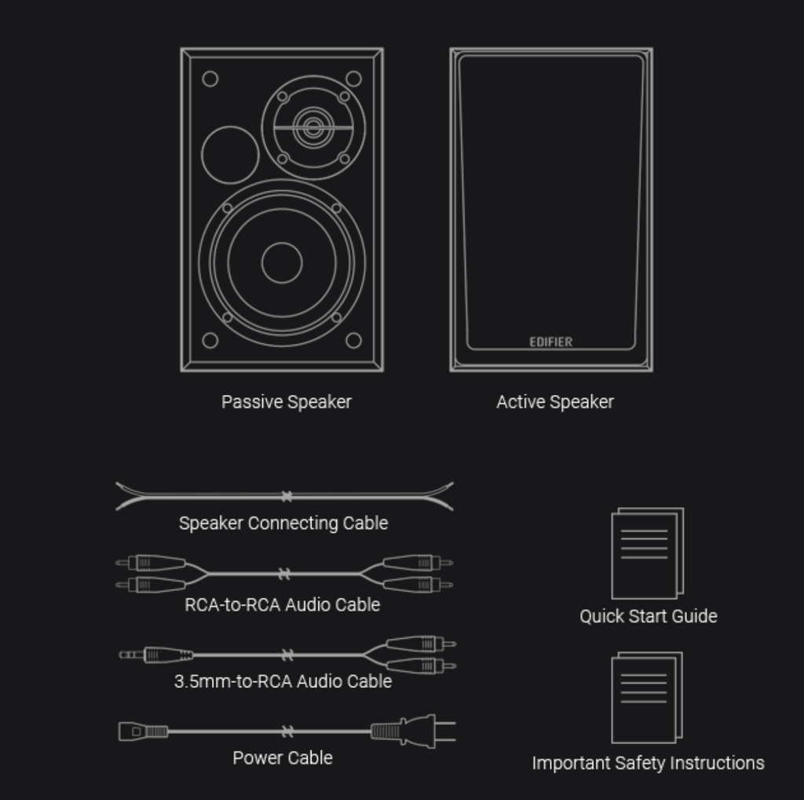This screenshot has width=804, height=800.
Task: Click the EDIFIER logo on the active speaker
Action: [x=550, y=342]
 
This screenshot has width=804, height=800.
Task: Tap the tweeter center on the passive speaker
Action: [x=312, y=127]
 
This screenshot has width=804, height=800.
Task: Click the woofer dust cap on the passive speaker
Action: [x=282, y=262]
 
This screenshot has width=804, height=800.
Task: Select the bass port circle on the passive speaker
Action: [x=230, y=155]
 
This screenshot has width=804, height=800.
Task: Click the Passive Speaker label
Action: [x=286, y=402]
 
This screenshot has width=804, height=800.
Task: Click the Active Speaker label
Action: [x=554, y=402]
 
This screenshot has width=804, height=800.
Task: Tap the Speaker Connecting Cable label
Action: [x=283, y=523]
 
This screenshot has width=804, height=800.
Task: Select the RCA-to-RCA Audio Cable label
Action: [x=282, y=604]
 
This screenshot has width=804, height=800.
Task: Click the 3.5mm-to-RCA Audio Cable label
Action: [x=283, y=681]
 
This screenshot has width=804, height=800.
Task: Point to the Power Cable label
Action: [x=282, y=758]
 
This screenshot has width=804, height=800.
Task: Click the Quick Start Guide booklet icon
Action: [x=647, y=553]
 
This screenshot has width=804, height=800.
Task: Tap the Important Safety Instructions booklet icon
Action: [x=646, y=697]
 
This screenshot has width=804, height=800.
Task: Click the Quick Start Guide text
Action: [x=648, y=616]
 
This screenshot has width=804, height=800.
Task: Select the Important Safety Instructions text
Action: [x=648, y=763]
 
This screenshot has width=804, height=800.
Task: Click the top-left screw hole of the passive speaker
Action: [x=210, y=79]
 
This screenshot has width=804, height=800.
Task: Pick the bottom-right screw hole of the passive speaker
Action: [x=353, y=340]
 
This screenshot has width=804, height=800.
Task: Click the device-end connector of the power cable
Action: [x=141, y=732]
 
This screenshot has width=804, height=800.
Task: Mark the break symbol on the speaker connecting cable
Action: [x=287, y=497]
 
